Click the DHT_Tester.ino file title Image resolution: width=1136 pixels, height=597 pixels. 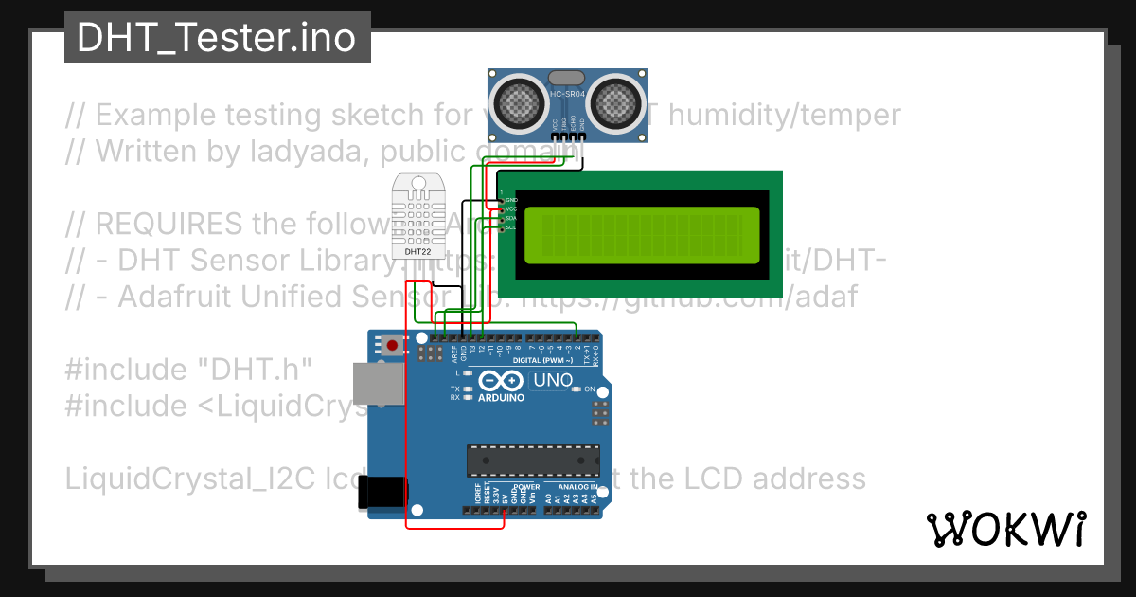pos(216,38)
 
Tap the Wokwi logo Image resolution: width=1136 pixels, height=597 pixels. pos(1005,529)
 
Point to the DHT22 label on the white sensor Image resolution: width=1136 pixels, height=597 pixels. pos(418,252)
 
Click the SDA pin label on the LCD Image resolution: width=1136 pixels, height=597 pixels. pos(511,218)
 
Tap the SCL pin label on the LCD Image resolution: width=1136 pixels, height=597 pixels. pos(511,227)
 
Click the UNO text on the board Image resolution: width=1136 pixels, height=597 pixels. pos(553,380)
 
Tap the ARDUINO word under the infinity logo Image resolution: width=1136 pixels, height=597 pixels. pos(501,398)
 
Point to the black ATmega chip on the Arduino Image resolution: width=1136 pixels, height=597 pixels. pos(532,460)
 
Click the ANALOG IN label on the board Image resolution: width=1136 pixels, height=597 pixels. pos(577,487)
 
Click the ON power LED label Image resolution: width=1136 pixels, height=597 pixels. pos(589,389)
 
